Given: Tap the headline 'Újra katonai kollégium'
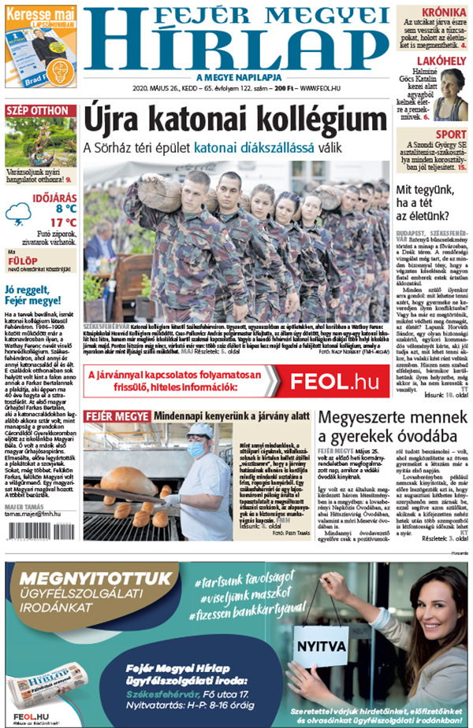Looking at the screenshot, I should point(236,120).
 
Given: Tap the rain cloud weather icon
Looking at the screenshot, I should point(19,212).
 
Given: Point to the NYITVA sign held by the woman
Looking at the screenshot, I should point(321,648).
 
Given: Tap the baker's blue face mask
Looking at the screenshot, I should point(196,449).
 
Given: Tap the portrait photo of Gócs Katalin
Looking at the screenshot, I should point(453,94).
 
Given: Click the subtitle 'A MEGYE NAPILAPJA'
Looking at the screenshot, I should point(235,77).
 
